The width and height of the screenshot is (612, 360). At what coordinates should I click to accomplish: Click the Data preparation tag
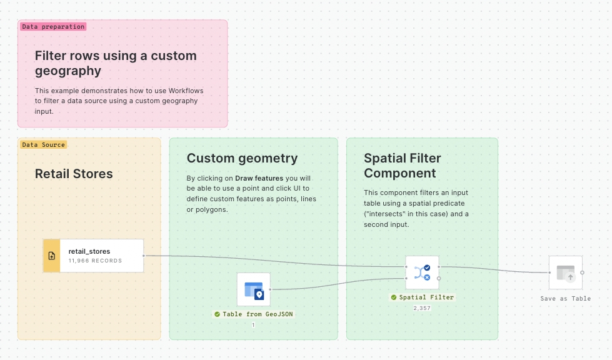(53, 27)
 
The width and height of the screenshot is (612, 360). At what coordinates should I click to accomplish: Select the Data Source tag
(43, 144)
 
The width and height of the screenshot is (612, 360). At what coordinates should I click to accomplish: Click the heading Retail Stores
(74, 174)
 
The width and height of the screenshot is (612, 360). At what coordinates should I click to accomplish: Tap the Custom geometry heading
(242, 158)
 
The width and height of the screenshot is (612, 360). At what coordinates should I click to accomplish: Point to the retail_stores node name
(89, 251)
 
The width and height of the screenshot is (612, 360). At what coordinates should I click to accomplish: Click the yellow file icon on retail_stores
(51, 256)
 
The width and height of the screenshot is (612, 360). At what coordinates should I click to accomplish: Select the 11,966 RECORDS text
(95, 261)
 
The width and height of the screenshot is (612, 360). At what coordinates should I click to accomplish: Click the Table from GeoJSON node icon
(253, 289)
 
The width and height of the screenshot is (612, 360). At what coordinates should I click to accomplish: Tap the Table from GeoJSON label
(258, 314)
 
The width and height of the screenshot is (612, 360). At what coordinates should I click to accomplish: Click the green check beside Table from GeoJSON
(217, 314)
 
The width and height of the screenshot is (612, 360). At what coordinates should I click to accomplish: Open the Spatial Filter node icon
(422, 272)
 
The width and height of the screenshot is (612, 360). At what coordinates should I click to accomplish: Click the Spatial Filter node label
(426, 297)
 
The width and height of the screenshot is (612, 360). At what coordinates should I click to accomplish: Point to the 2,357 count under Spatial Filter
(422, 308)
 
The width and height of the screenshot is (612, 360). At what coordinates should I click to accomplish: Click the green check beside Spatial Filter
(393, 297)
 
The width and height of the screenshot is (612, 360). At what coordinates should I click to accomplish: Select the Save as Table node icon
(565, 272)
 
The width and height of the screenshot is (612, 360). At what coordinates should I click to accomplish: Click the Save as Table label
(565, 299)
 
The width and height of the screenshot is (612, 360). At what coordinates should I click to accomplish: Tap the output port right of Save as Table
(583, 272)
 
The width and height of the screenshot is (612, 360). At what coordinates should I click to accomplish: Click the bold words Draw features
(259, 178)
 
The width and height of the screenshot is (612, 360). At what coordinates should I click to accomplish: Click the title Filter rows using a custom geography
(116, 63)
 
